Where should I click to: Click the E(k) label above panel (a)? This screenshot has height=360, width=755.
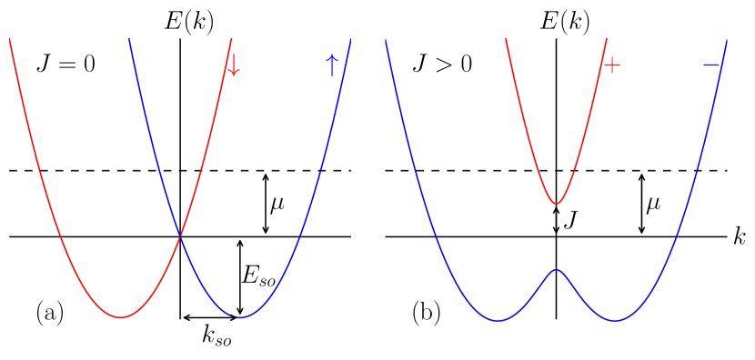pos(188,21)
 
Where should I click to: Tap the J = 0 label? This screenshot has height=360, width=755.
pos(65,65)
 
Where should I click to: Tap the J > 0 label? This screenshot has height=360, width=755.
pos(442,65)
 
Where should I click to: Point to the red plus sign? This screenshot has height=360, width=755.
pos(611,65)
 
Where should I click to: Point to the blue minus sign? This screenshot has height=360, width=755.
pos(711,65)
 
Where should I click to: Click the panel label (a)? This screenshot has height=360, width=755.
pos(50,313)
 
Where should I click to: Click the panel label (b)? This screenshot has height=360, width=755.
pos(427,313)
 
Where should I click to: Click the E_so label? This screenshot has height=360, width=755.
pos(259,276)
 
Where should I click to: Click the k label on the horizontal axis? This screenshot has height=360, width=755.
pos(739,236)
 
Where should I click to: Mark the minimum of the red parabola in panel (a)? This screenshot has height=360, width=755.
pos(120,317)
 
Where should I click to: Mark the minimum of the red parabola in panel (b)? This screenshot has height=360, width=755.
pos(556,203)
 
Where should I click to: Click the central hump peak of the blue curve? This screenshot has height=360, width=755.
pos(556,269)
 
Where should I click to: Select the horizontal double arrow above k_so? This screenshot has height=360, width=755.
pos(210,317)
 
